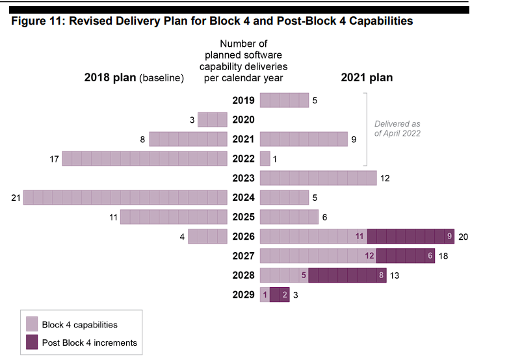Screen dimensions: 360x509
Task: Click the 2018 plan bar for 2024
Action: click(125, 198)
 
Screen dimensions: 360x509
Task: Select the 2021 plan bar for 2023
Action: click(318, 178)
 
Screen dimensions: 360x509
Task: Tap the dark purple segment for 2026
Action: click(411, 237)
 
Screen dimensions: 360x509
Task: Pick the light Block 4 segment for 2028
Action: click(284, 276)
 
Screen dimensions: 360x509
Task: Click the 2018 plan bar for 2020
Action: click(212, 120)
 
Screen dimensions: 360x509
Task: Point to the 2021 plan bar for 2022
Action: click(265, 159)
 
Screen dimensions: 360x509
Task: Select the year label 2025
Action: click(243, 217)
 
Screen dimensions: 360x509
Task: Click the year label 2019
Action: click(243, 101)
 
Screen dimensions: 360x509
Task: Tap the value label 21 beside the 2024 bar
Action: click(16, 198)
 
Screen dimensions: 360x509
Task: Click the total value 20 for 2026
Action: click(463, 237)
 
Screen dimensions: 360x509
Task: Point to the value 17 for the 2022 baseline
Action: click(55, 159)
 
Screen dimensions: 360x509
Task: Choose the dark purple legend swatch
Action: click(32, 342)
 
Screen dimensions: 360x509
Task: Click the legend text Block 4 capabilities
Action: click(79, 324)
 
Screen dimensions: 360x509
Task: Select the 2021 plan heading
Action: click(367, 78)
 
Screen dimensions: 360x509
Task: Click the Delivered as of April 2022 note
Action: click(397, 129)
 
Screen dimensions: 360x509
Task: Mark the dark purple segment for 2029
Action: click(280, 295)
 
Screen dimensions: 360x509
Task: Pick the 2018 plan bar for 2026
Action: click(207, 237)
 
